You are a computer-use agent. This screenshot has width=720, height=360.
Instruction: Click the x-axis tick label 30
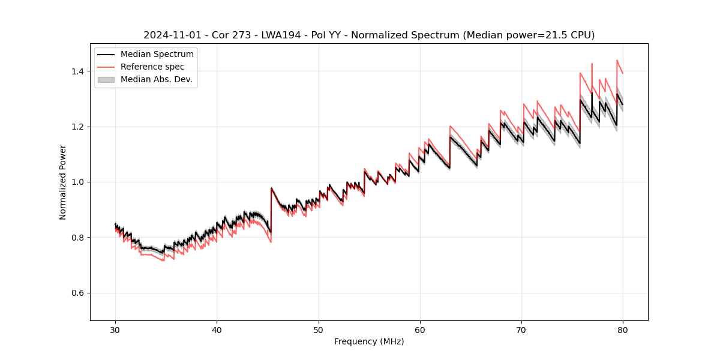click(115, 330)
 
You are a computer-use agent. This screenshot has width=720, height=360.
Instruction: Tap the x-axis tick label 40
click(217, 330)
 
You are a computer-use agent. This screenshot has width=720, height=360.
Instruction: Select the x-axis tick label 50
click(318, 330)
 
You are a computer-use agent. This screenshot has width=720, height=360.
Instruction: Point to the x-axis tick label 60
click(420, 330)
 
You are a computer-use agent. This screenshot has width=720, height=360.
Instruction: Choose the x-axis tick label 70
click(521, 330)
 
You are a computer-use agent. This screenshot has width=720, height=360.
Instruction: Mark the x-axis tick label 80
click(623, 330)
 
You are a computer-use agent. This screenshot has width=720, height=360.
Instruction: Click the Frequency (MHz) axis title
click(369, 341)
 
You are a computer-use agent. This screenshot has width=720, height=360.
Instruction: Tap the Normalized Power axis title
click(63, 182)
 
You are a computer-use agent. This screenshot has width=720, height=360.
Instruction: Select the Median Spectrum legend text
click(157, 55)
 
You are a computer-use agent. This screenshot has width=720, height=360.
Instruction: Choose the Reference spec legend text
click(152, 67)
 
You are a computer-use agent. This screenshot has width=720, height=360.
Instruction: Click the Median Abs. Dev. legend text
click(157, 79)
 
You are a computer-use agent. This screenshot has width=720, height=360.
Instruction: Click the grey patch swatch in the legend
click(106, 79)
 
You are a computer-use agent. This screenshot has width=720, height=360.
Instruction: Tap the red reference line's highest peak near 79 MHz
click(617, 61)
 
